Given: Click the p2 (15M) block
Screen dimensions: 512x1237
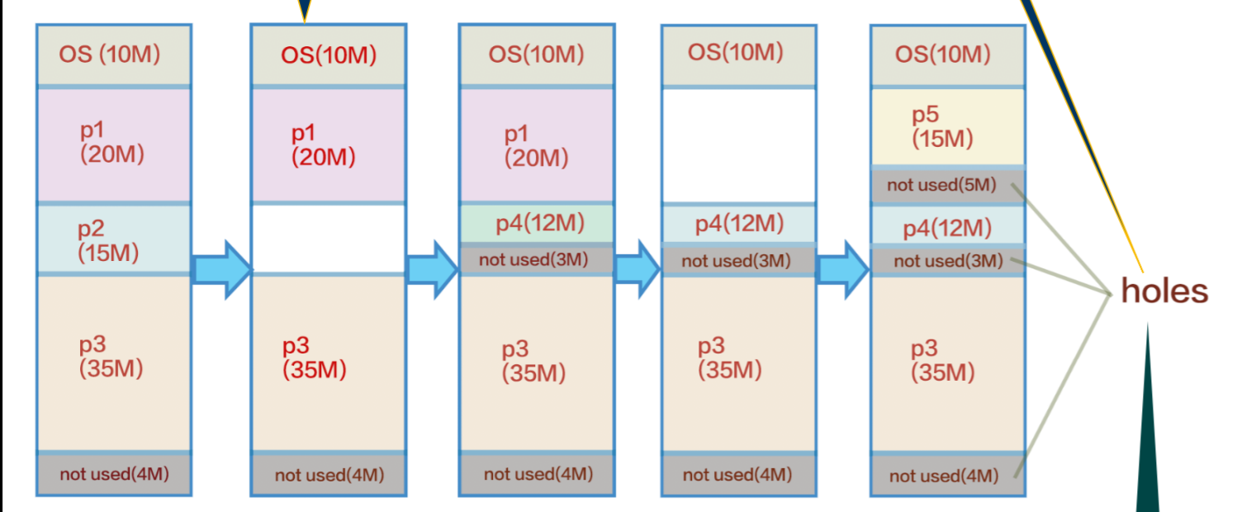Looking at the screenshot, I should tap(114, 239).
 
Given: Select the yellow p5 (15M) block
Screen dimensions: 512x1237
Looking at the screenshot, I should tap(947, 127).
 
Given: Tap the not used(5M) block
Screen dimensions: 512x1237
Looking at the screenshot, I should tap(947, 185).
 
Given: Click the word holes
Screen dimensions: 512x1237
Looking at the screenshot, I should tap(1164, 291).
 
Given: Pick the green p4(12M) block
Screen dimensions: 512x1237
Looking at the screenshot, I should tap(536, 223).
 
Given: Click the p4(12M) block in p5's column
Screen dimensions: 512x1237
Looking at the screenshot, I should tap(947, 228).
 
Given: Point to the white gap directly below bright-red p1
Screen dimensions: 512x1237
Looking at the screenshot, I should tap(329, 238).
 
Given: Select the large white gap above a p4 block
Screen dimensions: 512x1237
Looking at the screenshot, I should tap(738, 145).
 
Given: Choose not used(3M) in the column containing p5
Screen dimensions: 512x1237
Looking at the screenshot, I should tap(947, 261).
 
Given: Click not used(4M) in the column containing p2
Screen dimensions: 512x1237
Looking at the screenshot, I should tap(114, 474).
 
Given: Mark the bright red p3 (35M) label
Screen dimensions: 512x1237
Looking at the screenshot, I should tap(314, 359).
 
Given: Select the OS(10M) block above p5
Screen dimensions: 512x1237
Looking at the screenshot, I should tap(947, 55).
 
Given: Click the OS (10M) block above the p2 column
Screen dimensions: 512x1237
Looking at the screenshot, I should tap(114, 55).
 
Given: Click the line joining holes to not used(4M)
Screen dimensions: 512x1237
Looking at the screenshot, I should tap(1065, 380).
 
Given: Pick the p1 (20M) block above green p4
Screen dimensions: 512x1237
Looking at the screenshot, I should tap(536, 145).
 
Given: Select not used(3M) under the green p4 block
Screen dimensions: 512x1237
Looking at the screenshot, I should tap(536, 260).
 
